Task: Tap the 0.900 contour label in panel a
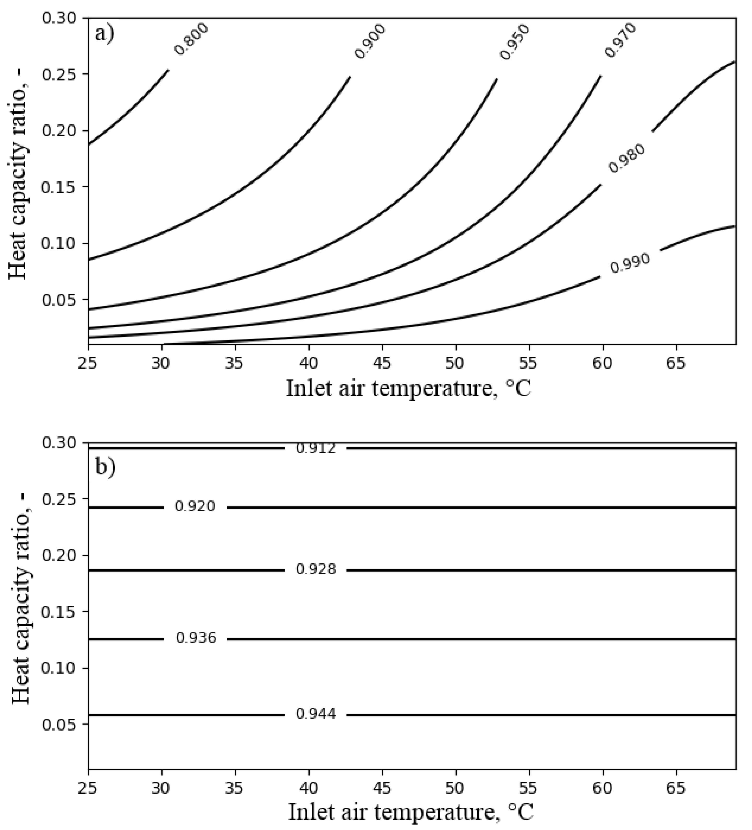370,41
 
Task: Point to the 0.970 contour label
621,40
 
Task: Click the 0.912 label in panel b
316,448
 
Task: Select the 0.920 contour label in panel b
195,506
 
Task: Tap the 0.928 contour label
316,569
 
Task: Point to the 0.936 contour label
196,638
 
